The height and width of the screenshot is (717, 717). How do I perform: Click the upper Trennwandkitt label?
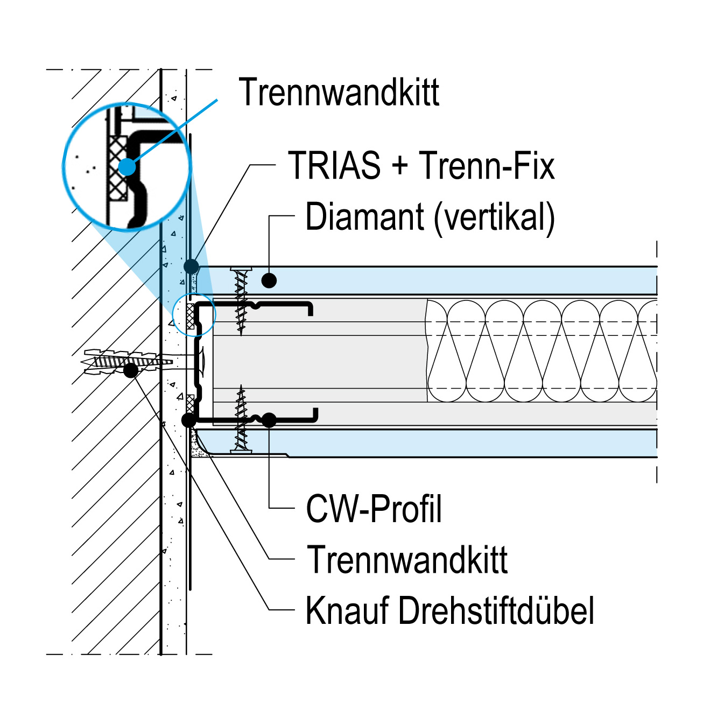[339, 92]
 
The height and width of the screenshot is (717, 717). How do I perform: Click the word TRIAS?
[334, 165]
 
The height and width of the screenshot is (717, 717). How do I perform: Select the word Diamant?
[364, 217]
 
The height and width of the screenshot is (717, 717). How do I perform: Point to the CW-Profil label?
[374, 509]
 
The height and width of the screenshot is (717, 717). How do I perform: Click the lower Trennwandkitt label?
[407, 560]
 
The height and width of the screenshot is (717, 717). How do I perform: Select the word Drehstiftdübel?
[496, 610]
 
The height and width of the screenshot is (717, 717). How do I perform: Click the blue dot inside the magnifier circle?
[128, 166]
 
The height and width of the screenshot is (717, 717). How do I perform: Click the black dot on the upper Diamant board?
[269, 280]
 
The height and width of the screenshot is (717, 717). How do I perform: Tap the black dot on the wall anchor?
[130, 370]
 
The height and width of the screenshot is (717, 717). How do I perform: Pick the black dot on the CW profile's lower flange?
[269, 420]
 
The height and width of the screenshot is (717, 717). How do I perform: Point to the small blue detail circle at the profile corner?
[194, 315]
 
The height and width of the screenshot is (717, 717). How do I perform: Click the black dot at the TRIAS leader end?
[191, 266]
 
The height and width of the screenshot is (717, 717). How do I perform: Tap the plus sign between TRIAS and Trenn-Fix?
[400, 166]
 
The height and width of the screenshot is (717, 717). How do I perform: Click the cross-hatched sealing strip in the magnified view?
[117, 167]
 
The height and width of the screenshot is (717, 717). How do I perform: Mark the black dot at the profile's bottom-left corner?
[188, 420]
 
